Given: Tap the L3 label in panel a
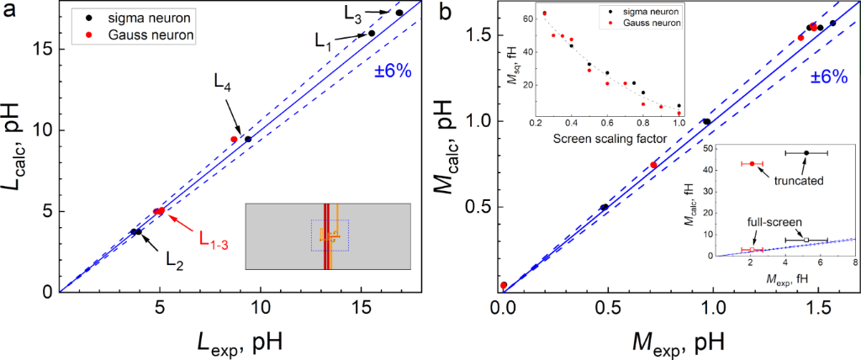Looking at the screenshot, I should (355, 14).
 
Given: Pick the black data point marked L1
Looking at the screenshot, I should (372, 34).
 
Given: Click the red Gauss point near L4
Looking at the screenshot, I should (235, 140).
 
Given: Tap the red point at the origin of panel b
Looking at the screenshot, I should (504, 286).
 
